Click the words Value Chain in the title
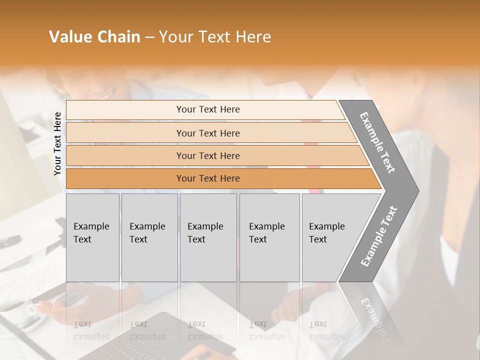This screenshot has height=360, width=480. pyautogui.click(x=94, y=37)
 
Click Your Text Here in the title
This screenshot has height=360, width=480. pyautogui.click(x=215, y=37)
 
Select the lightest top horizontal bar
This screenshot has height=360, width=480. pyautogui.click(x=205, y=109)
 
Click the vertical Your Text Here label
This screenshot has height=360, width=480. pyautogui.click(x=57, y=143)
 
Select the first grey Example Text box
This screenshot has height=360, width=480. pyautogui.click(x=92, y=237)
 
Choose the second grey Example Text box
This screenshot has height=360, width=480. pyautogui.click(x=149, y=237)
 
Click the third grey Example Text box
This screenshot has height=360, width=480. pyautogui.click(x=208, y=237)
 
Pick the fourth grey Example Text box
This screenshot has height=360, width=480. pyautogui.click(x=269, y=237)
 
